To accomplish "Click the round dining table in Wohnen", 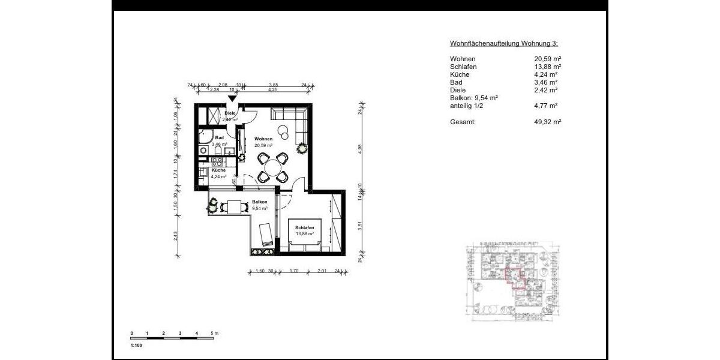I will coord(273,166).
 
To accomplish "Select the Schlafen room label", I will coord(305,227).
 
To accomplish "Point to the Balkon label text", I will coord(259,202).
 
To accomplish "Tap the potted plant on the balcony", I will coord(212,206).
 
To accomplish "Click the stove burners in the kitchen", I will coord(217,161).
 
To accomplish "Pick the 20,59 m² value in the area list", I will coord(547,59).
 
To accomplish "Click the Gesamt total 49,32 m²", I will coord(547,122).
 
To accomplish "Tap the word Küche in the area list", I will coord(460,74).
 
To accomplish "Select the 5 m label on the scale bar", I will coord(214,332).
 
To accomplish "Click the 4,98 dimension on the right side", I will coord(360,150).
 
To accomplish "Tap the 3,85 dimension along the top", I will coord(273,85).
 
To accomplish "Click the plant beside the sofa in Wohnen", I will coord(301,148).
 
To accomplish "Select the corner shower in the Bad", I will coord(205,135).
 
